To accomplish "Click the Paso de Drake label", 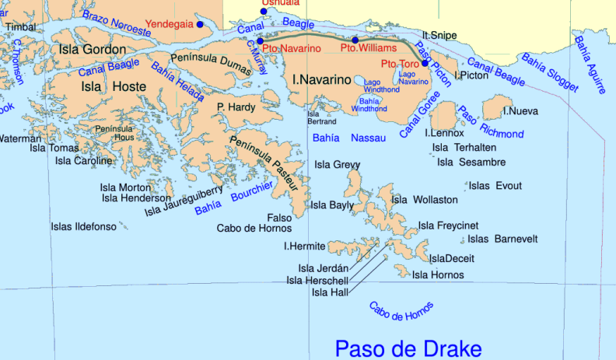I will [408, 348].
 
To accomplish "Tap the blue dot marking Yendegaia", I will [200, 25].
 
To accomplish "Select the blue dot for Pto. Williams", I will [355, 40].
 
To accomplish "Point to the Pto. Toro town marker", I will [425, 63].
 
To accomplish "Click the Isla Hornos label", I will [438, 275].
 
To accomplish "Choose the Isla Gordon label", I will [92, 50].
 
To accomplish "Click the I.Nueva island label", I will [520, 111].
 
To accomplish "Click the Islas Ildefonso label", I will [83, 227].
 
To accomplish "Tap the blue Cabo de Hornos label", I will [401, 312].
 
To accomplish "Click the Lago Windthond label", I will [372, 85].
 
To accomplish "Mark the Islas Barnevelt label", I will [502, 239].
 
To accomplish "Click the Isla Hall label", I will [331, 292].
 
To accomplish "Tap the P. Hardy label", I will [236, 107].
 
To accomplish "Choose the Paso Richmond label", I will [479, 122].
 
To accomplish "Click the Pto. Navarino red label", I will [292, 49].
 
